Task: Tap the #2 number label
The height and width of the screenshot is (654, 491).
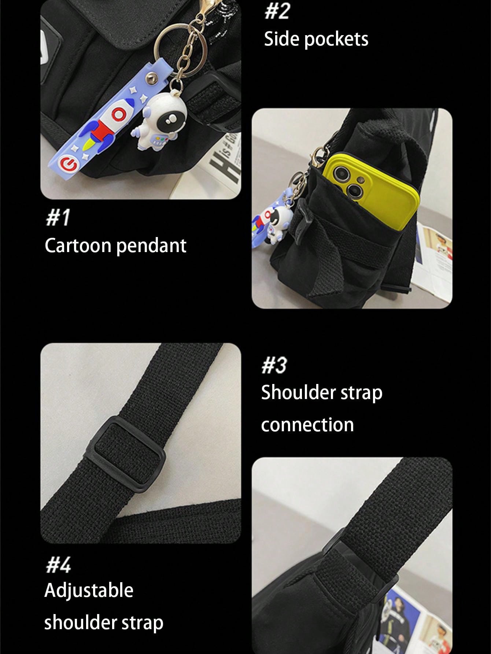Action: pyautogui.click(x=277, y=11)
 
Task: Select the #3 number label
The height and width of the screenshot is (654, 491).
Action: pyautogui.click(x=274, y=365)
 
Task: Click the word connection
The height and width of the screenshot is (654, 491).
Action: pyautogui.click(x=307, y=425)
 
